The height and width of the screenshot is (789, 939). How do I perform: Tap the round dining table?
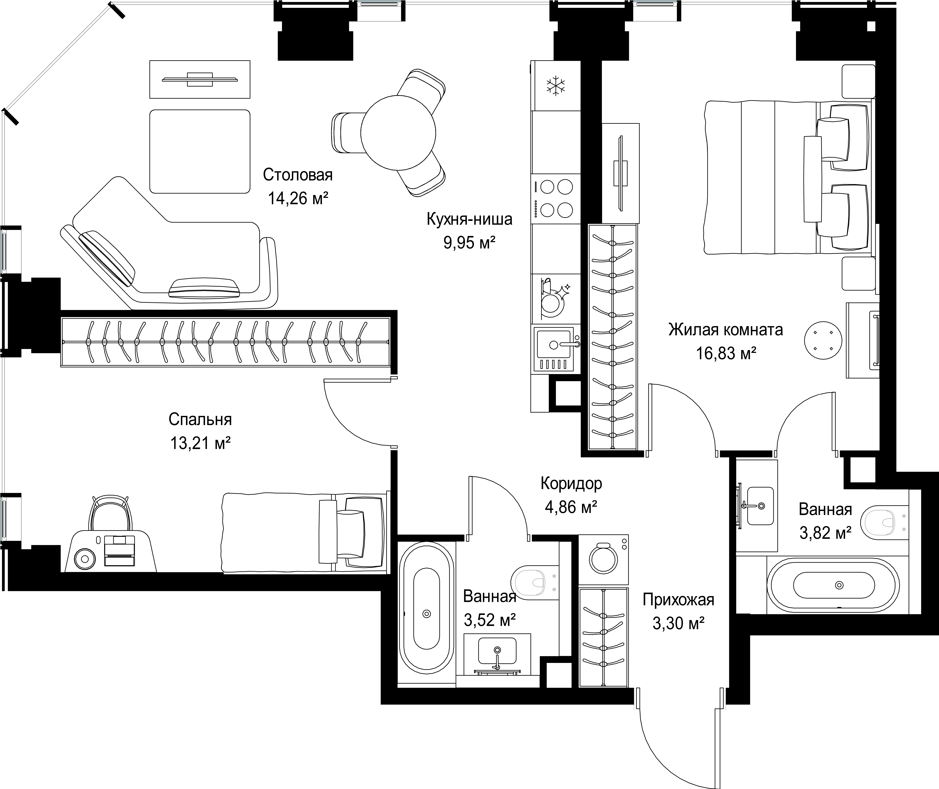click(398, 133)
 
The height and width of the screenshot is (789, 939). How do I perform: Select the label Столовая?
click(298, 175)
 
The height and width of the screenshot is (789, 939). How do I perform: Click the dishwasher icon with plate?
click(554, 298)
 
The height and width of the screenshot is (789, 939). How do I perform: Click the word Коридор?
click(571, 484)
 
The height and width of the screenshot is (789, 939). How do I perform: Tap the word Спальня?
click(200, 420)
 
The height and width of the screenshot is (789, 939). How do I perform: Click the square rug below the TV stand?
click(200, 151)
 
